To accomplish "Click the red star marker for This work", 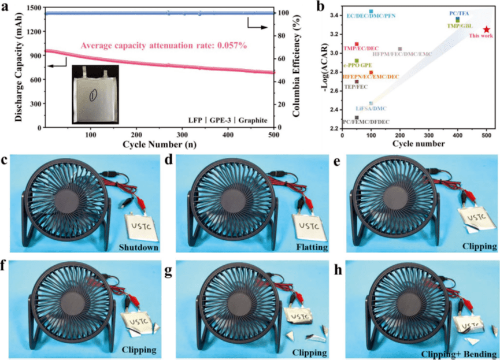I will point(487,29).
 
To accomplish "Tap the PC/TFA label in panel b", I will point(459,13).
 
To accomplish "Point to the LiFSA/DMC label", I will point(371,109).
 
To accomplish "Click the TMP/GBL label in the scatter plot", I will point(460,26).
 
